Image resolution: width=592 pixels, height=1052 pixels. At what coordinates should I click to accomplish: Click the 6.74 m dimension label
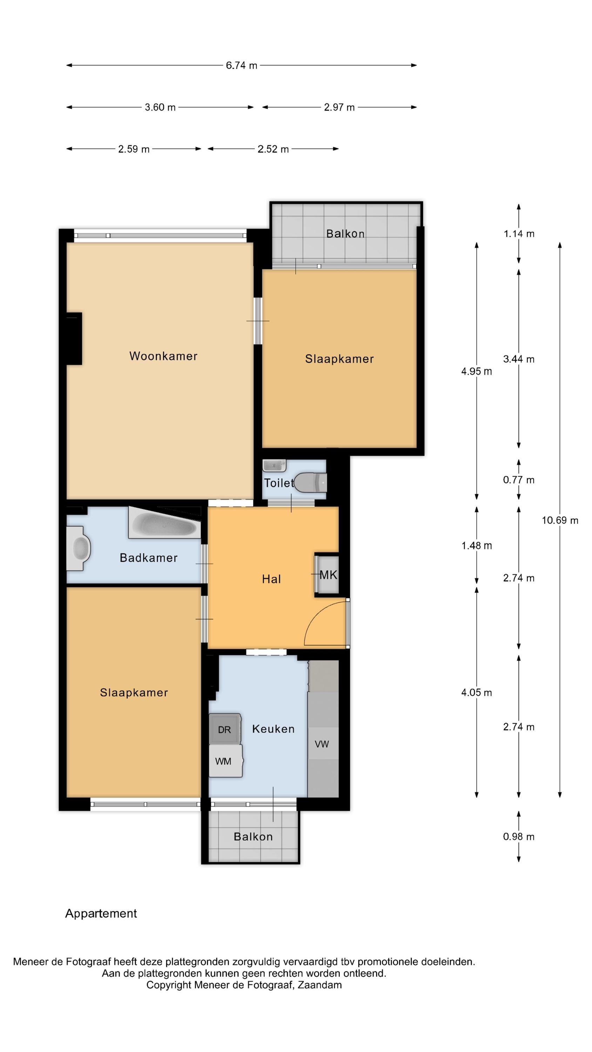click(x=241, y=65)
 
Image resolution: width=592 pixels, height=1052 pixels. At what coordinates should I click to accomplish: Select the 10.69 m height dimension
click(x=560, y=520)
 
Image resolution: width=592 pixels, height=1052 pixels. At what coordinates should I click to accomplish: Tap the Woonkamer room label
click(x=163, y=356)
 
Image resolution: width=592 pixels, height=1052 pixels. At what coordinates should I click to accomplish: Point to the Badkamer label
click(x=148, y=558)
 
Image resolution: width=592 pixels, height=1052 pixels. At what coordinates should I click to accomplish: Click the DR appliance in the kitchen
click(x=224, y=729)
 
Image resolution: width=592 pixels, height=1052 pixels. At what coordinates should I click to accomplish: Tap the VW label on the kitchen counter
click(x=322, y=744)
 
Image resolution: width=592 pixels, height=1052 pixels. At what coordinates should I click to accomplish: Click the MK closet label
click(x=328, y=575)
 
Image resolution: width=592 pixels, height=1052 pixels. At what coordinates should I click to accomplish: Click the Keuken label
click(x=273, y=729)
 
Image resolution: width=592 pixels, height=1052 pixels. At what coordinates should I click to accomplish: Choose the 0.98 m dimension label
click(x=518, y=836)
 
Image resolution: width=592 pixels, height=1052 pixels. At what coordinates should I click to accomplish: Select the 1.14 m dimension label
click(x=519, y=234)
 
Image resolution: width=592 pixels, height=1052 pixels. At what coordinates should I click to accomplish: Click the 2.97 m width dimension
click(x=339, y=107)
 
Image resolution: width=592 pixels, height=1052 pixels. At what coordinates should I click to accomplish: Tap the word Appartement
click(x=101, y=913)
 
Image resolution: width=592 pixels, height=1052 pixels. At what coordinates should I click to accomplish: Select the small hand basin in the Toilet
click(x=274, y=466)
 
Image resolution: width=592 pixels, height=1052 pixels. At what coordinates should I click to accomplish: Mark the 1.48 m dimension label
click(x=476, y=546)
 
